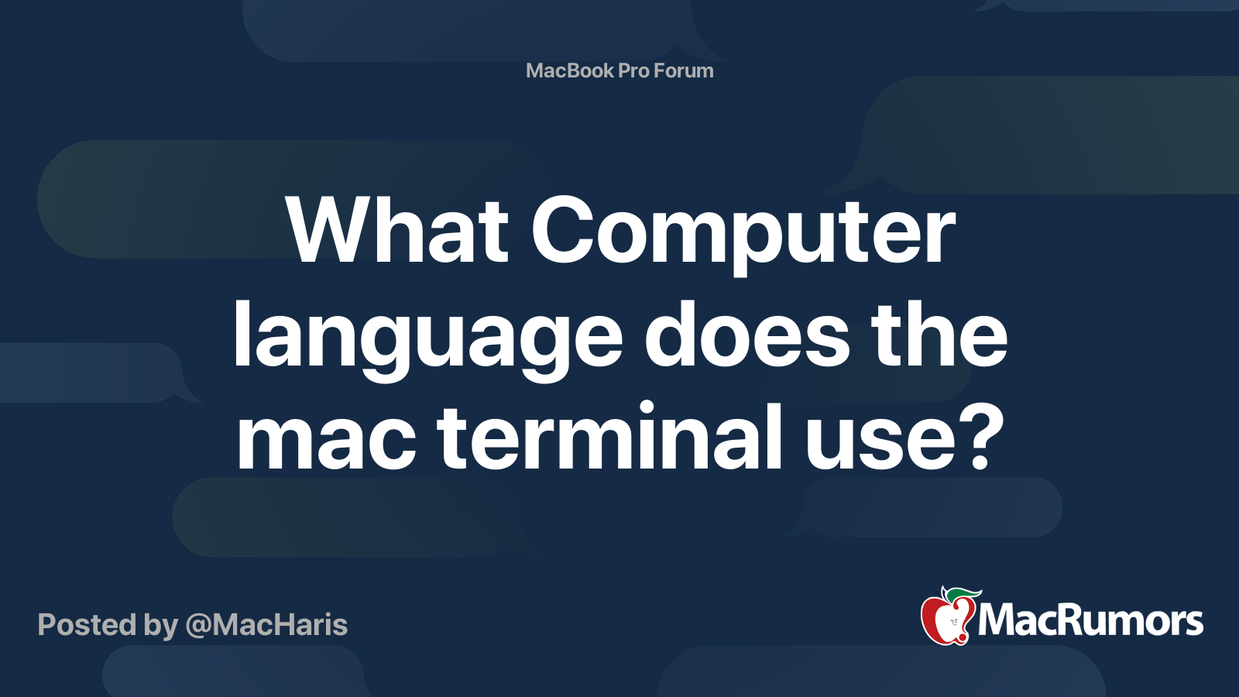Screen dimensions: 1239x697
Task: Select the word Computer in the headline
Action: point(743,235)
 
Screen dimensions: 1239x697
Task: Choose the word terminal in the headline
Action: point(609,434)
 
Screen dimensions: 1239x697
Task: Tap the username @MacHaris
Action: point(266,626)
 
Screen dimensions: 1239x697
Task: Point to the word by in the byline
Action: point(161,627)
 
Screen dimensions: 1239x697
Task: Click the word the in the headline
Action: point(939,335)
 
